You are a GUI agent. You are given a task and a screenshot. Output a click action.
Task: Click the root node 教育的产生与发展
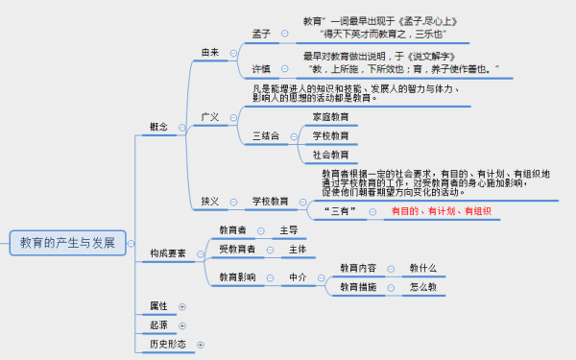tap(67, 242)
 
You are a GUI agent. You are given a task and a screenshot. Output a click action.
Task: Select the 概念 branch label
tap(159, 127)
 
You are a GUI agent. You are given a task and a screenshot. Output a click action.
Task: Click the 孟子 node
tap(261, 34)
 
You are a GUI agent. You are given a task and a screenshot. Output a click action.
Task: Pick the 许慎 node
tap(261, 69)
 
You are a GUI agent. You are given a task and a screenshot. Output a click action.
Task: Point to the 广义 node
tap(210, 117)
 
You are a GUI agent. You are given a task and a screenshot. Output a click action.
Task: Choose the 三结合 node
tap(266, 136)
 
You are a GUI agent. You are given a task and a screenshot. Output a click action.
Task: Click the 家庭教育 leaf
tap(330, 117)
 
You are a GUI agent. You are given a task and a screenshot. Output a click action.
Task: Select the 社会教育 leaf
tap(330, 155)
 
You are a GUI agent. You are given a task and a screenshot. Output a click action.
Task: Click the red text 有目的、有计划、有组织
tap(441, 210)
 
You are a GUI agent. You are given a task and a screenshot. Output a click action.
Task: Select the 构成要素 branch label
tap(168, 253)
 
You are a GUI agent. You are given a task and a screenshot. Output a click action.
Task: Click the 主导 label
tap(289, 230)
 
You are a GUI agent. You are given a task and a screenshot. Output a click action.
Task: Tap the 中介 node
tap(299, 277)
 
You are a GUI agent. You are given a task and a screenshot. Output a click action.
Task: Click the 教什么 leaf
tap(423, 268)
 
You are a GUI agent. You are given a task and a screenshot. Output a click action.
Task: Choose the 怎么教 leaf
tap(423, 287)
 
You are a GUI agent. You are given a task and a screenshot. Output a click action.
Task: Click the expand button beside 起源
tap(180, 325)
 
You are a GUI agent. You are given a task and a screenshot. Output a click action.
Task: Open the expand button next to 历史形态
tap(201, 344)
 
